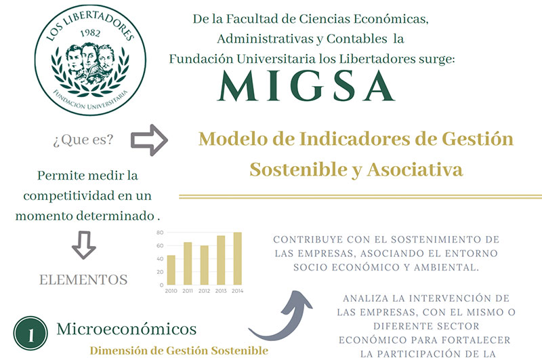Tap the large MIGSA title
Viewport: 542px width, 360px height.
(x=306, y=86)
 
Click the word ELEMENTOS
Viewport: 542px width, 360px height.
(x=83, y=279)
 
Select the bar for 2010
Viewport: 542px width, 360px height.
(x=171, y=270)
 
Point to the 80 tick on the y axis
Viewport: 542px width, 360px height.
(x=160, y=233)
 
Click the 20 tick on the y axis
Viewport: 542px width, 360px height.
(x=160, y=271)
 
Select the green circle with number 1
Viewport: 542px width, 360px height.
(x=30, y=335)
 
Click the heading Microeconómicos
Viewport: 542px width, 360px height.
(x=127, y=329)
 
